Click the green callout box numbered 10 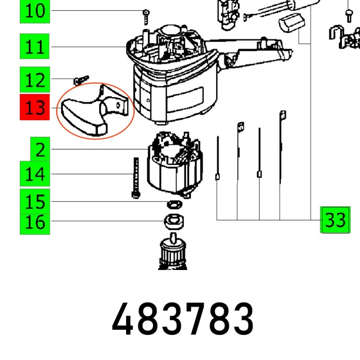coord(35,11)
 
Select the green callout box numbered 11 coord(35,47)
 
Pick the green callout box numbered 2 coord(40,149)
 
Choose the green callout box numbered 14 coord(35,174)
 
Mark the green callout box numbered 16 coord(35,221)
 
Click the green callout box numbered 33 coord(335,220)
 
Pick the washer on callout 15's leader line coord(173,204)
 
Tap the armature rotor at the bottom coord(173,254)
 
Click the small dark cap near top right coord(292,22)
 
